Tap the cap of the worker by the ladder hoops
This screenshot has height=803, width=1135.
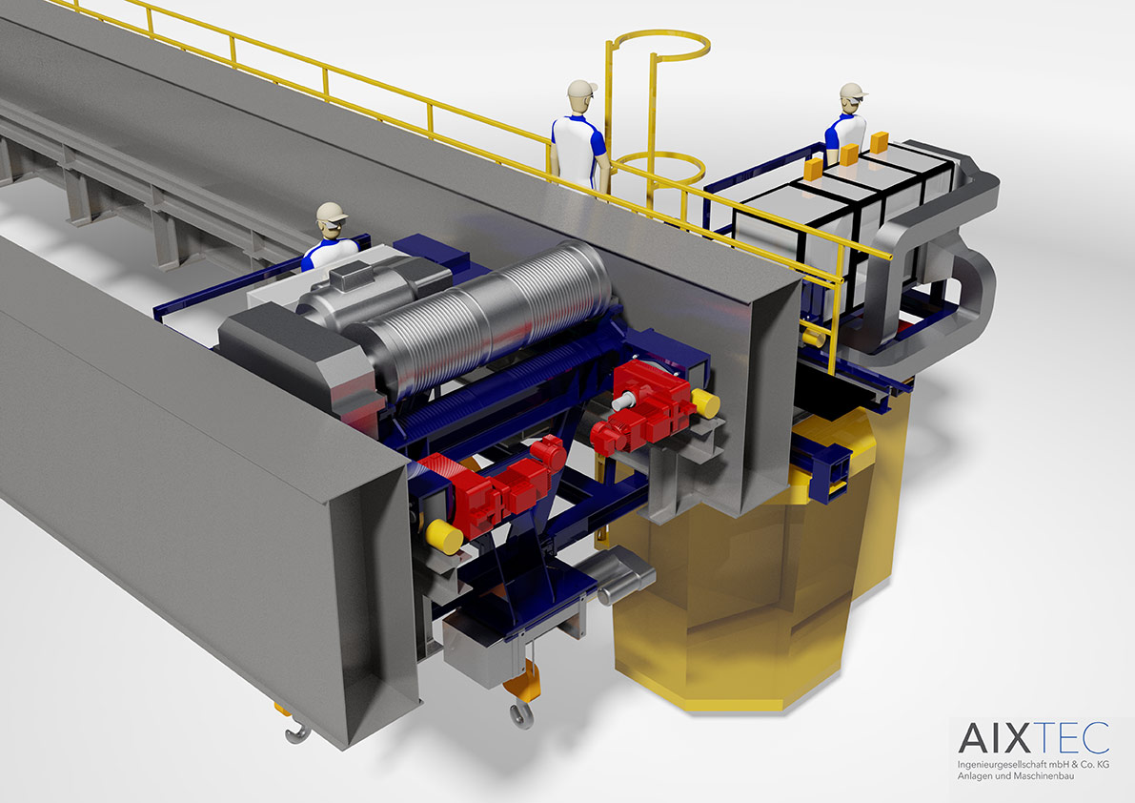point(582,89)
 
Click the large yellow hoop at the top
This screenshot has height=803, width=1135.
point(658,47)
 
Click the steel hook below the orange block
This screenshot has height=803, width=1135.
point(521,714)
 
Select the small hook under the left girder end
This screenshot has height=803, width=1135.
point(296,732)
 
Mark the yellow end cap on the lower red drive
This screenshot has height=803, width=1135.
point(444,537)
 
